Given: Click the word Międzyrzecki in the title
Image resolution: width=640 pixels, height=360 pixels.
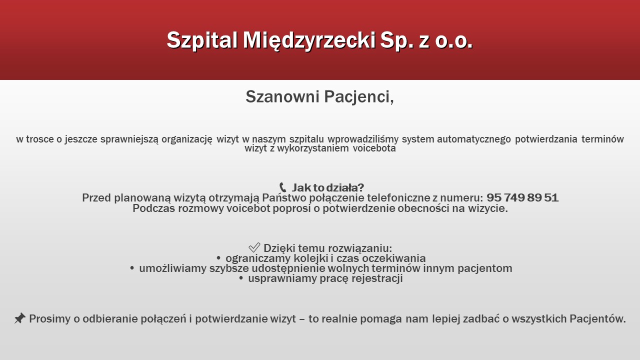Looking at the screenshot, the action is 309,40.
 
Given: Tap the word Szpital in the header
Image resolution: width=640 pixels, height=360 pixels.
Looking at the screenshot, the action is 202,40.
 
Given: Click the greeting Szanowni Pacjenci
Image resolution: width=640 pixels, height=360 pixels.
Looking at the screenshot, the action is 319,96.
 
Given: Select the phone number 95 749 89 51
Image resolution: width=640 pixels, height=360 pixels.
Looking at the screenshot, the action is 522,197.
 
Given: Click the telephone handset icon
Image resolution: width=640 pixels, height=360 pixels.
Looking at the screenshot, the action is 282,187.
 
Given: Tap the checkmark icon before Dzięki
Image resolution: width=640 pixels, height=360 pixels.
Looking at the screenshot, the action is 254,247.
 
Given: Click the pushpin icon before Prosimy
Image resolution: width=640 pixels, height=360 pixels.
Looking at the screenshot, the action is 20,318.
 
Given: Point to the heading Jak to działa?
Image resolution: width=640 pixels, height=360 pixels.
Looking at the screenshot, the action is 327,187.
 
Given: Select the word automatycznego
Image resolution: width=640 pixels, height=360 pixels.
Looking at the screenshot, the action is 474,139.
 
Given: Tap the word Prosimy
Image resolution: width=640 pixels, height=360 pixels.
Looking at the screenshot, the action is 49,319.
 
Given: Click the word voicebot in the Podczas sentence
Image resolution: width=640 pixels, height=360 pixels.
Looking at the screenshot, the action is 248,208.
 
